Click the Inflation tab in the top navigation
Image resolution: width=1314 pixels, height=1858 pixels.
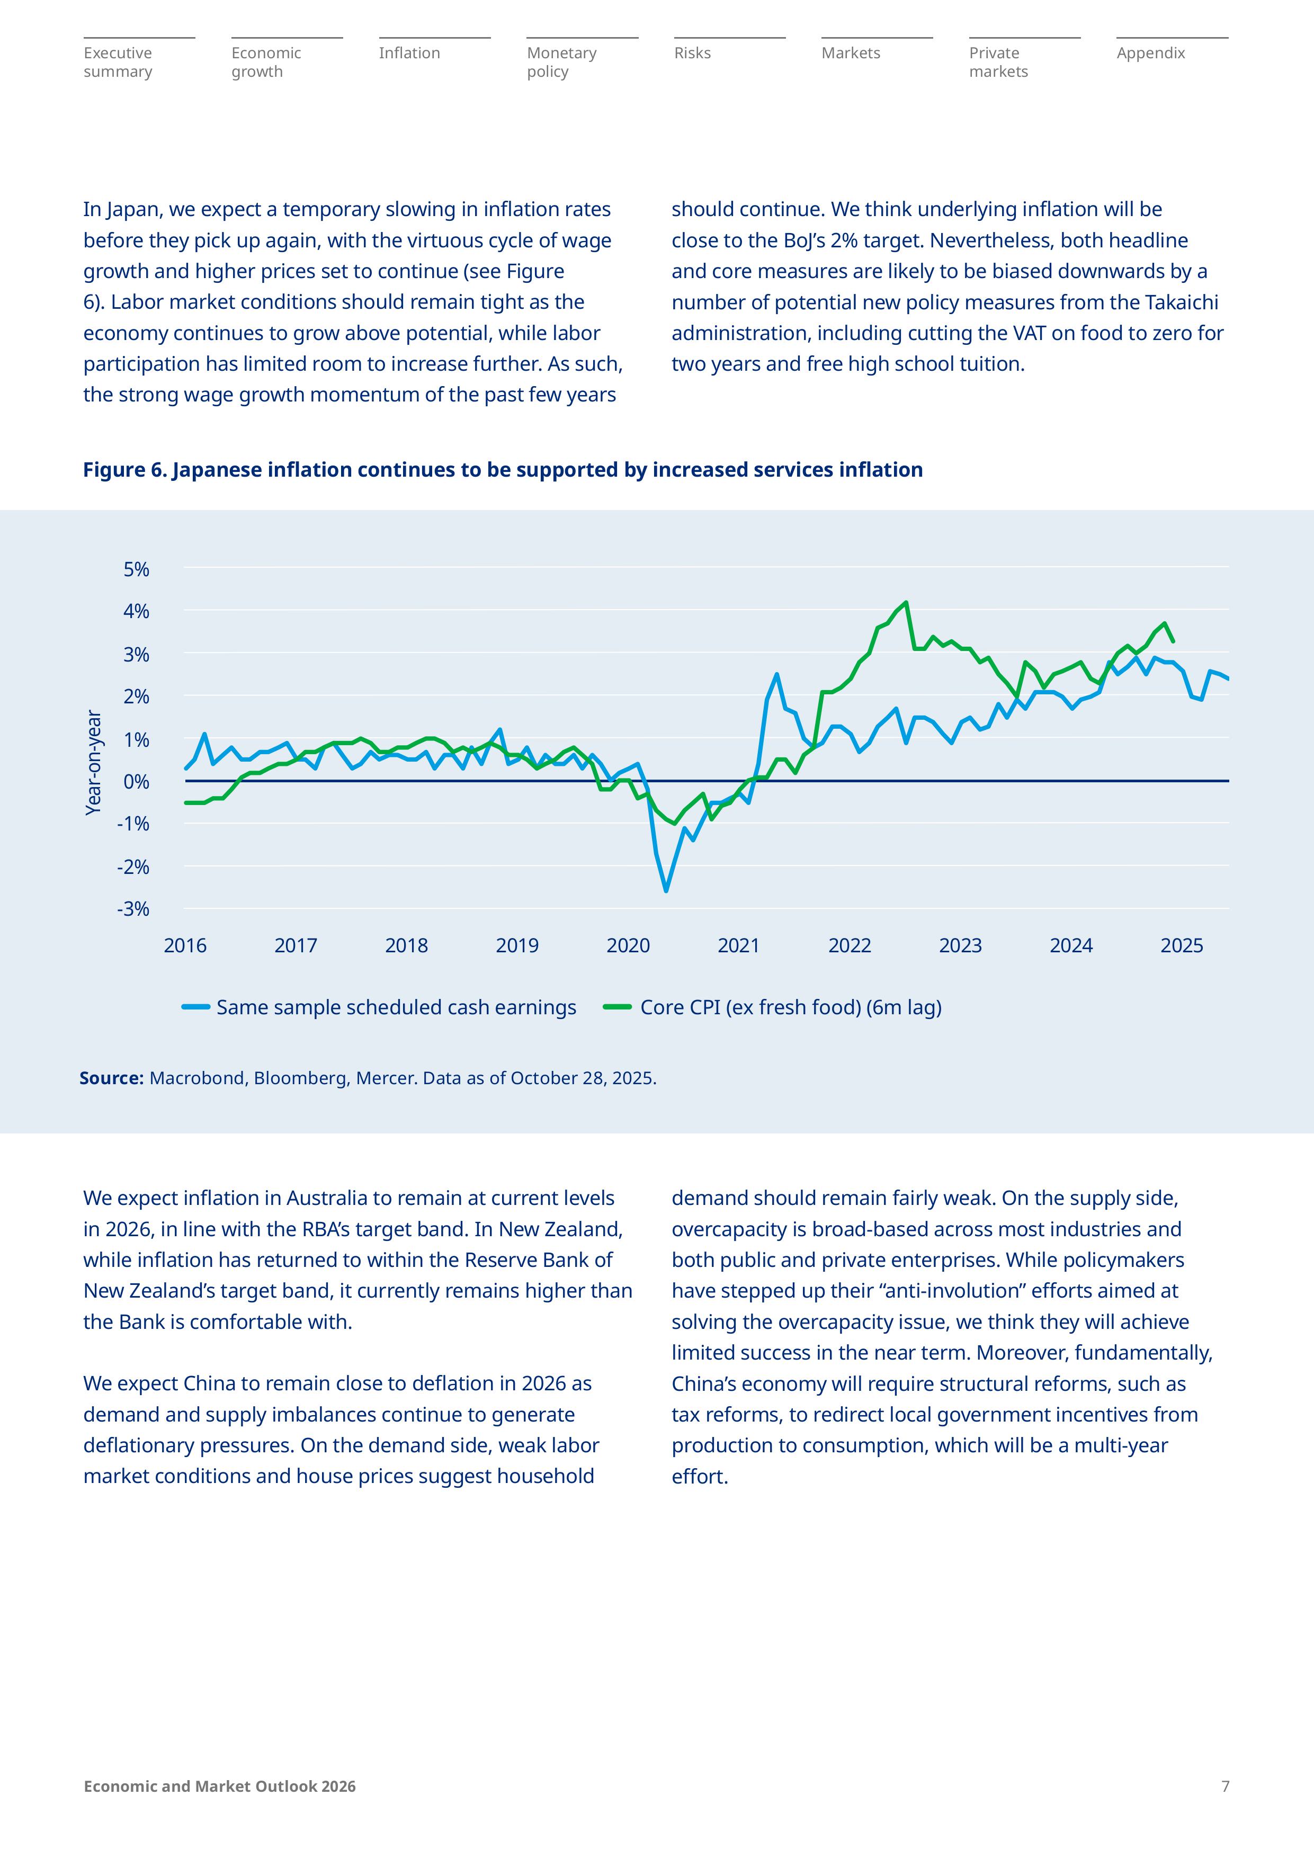point(409,53)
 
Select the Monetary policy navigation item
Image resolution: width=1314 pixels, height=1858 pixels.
point(561,62)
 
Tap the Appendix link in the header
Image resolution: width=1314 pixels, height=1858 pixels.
point(1150,53)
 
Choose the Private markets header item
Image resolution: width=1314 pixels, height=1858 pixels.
point(998,62)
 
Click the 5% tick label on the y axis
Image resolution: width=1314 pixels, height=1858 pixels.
point(137,570)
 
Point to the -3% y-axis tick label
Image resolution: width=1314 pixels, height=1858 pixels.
point(133,909)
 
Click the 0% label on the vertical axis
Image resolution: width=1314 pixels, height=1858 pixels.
point(137,782)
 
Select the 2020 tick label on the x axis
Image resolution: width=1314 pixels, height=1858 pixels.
point(628,946)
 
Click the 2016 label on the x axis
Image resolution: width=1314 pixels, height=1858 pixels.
point(185,946)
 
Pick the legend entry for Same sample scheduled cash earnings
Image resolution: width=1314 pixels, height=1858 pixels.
point(396,1007)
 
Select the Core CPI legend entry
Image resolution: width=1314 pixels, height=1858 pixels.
point(790,1007)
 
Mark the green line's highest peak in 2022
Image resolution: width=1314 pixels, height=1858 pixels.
point(906,602)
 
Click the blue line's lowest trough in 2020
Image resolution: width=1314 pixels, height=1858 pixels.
point(666,891)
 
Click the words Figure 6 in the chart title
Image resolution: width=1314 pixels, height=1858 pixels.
point(124,470)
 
